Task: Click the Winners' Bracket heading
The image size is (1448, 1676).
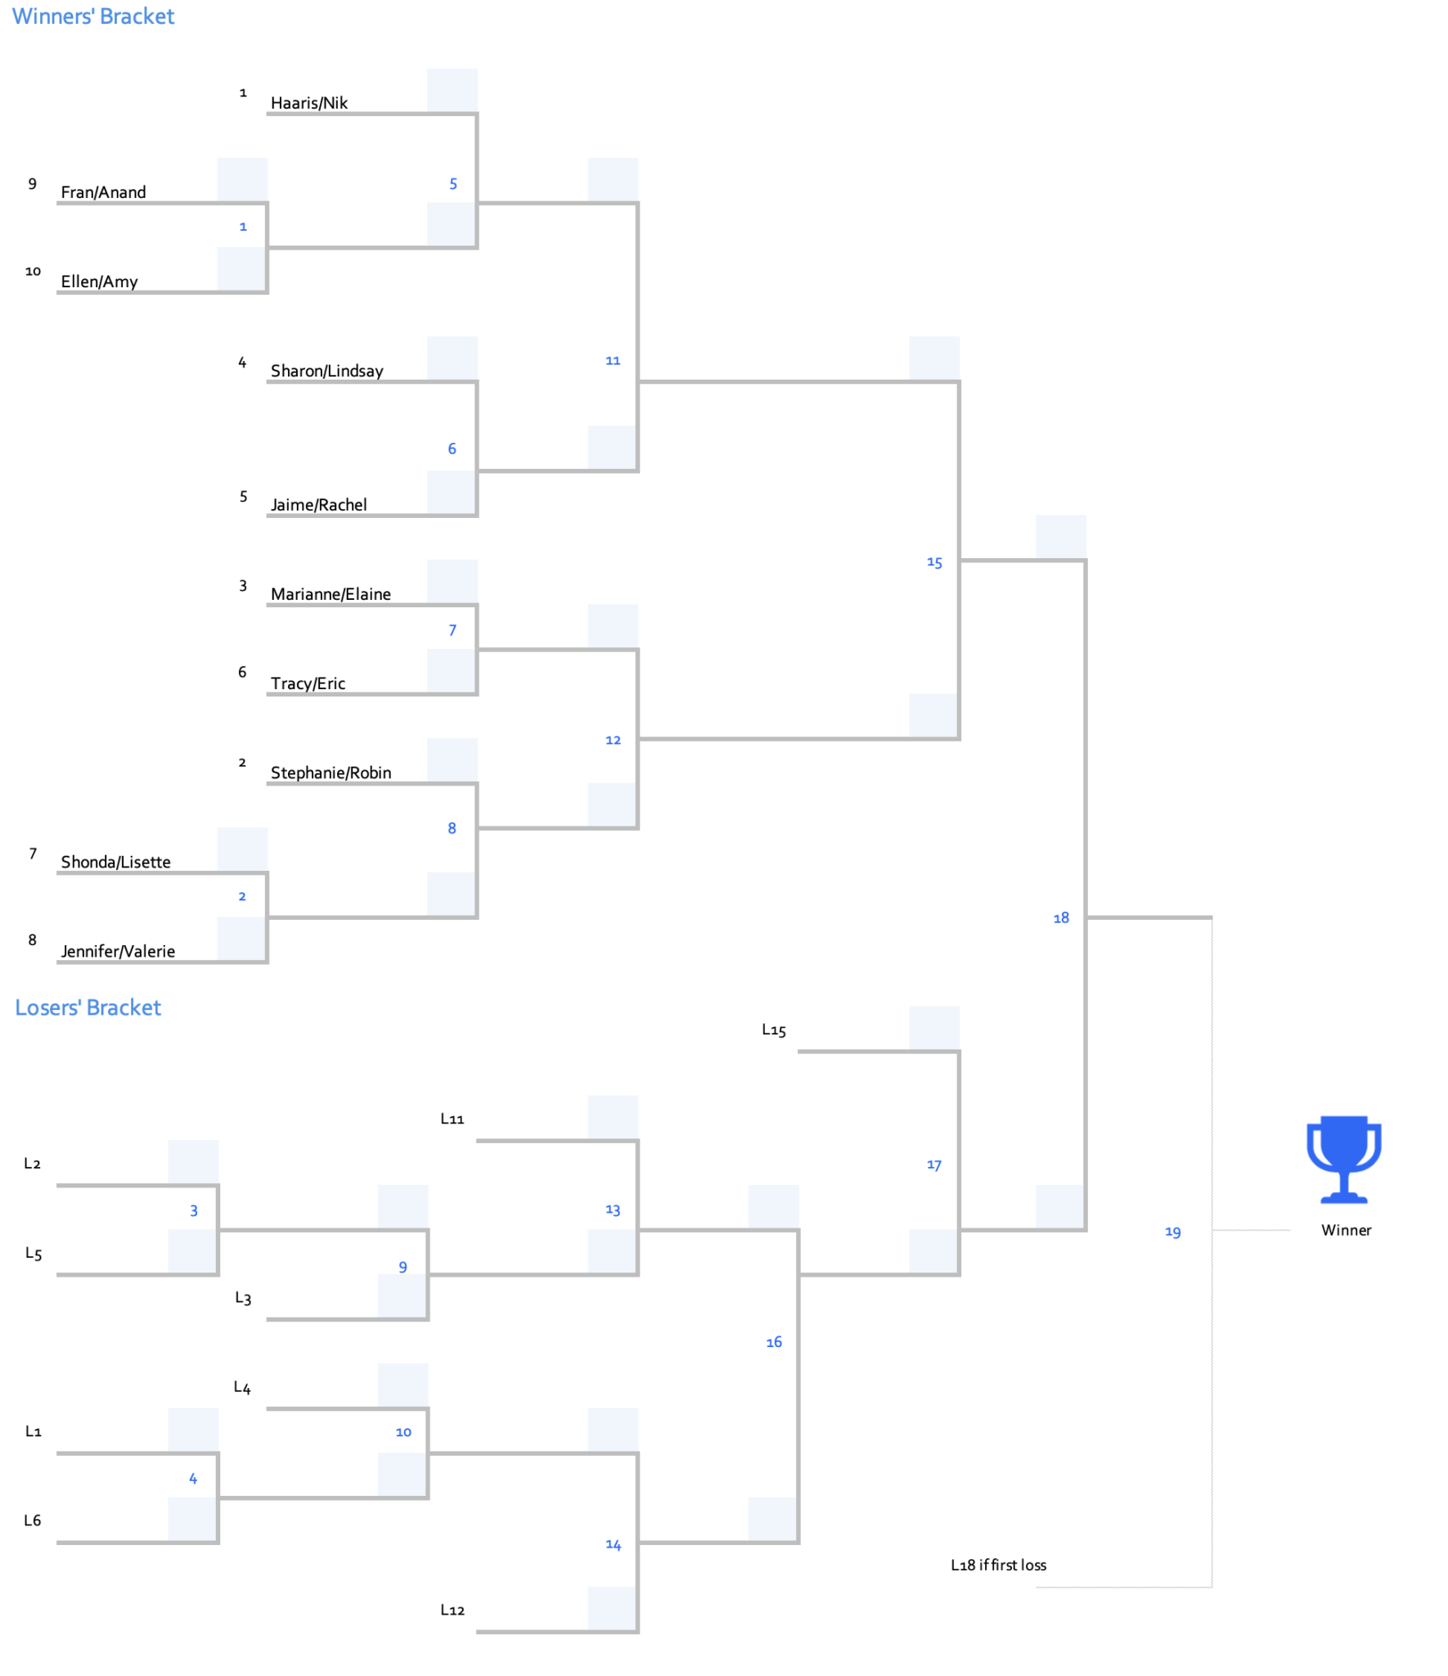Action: pyautogui.click(x=92, y=16)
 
